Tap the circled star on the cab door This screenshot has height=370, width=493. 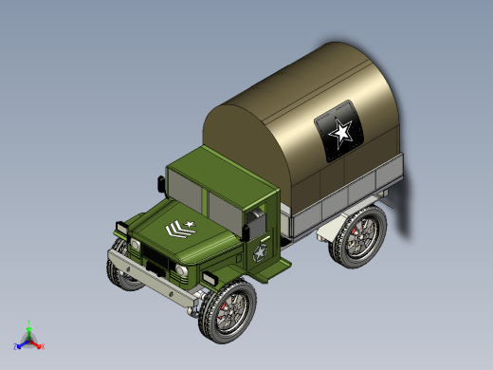259,253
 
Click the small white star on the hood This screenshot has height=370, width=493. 191,224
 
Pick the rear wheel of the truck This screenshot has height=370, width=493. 359,237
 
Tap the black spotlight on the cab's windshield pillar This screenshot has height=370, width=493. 160,184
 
